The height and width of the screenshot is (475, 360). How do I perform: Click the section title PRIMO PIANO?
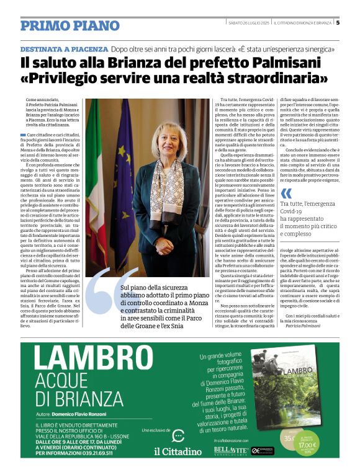coord(70,25)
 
